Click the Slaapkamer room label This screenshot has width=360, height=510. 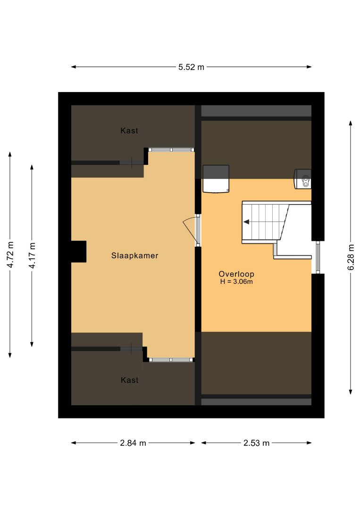coord(134,255)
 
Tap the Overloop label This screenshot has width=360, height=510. coord(236,274)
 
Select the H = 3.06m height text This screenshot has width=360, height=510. coord(236,281)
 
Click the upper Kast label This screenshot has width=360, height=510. coord(129,130)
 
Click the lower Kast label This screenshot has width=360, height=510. coord(130,380)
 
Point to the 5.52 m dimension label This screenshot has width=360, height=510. coord(191,67)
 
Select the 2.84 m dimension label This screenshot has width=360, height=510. coord(133,442)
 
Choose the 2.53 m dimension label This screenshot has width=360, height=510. coord(256,442)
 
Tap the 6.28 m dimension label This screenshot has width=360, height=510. coord(351,257)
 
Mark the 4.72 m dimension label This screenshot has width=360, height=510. coord(10,255)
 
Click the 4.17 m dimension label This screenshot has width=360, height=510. coord(32,255)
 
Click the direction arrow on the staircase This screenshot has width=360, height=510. coord(246,222)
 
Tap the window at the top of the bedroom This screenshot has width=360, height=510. coord(171,150)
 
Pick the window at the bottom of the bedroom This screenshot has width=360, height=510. coord(171,360)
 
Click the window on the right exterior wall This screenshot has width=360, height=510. coord(318,257)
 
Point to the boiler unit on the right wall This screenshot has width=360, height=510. coord(302,179)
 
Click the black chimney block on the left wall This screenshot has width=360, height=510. coord(79,251)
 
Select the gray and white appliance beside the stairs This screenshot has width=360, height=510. coord(216,179)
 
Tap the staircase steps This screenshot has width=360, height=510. coord(265,222)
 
